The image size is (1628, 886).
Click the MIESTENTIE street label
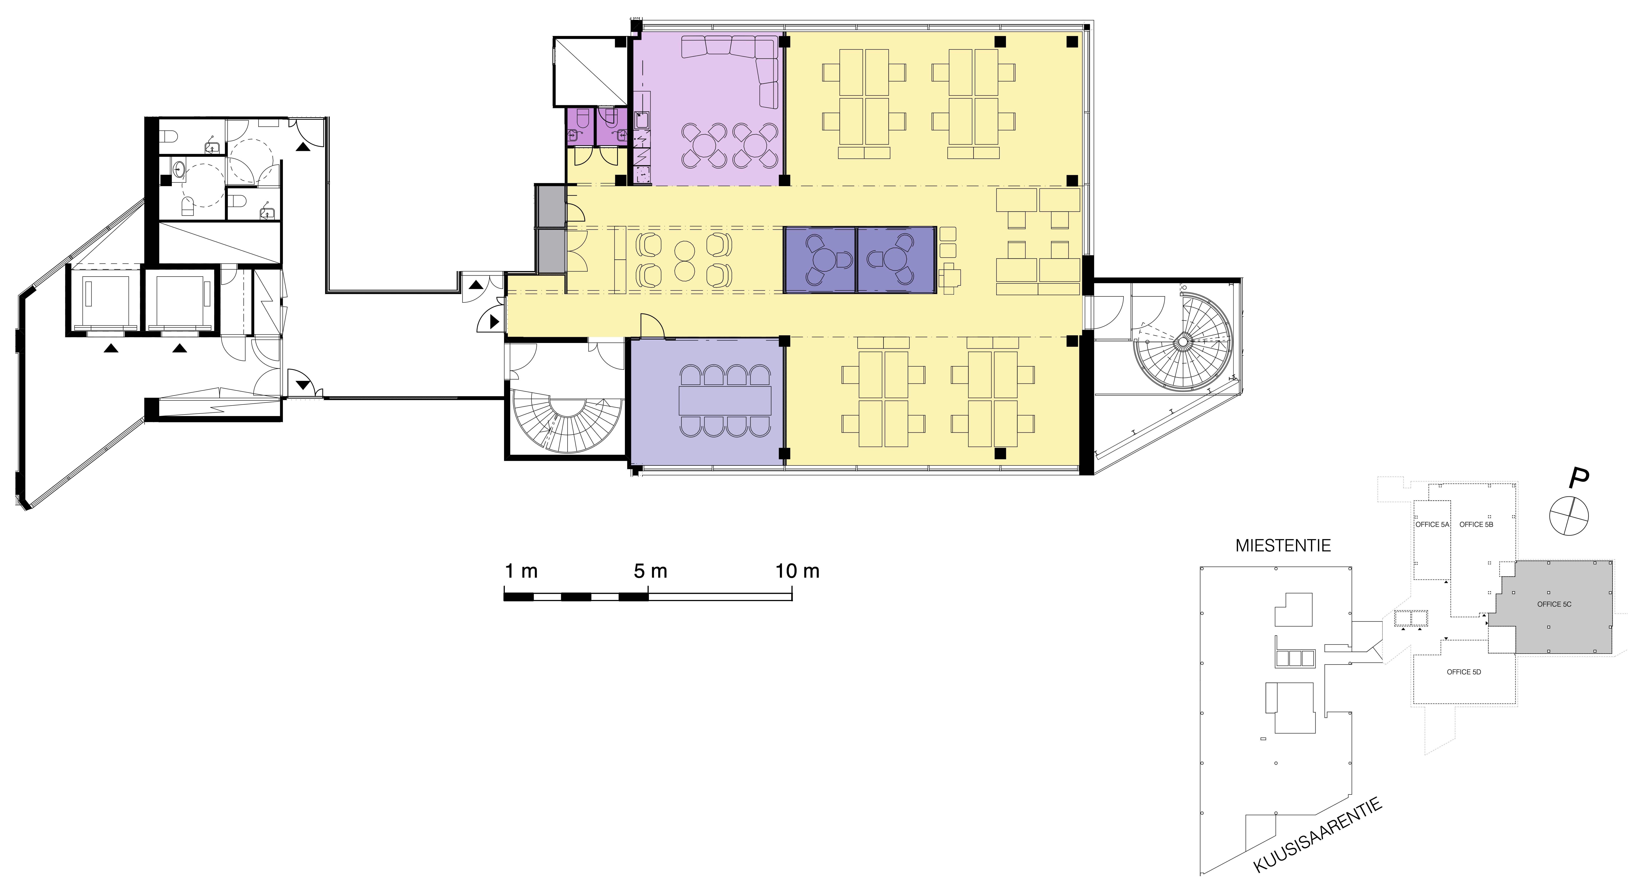click(x=1283, y=545)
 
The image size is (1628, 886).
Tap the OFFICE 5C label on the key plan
click(x=1554, y=604)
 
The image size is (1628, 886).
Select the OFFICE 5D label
click(x=1464, y=672)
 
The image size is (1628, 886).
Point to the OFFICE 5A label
click(x=1431, y=525)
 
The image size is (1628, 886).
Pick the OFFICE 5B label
click(x=1476, y=525)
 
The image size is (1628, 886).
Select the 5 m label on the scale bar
click(x=650, y=571)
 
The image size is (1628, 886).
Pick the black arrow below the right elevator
click(x=180, y=348)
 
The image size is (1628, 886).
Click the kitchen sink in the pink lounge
click(x=641, y=120)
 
